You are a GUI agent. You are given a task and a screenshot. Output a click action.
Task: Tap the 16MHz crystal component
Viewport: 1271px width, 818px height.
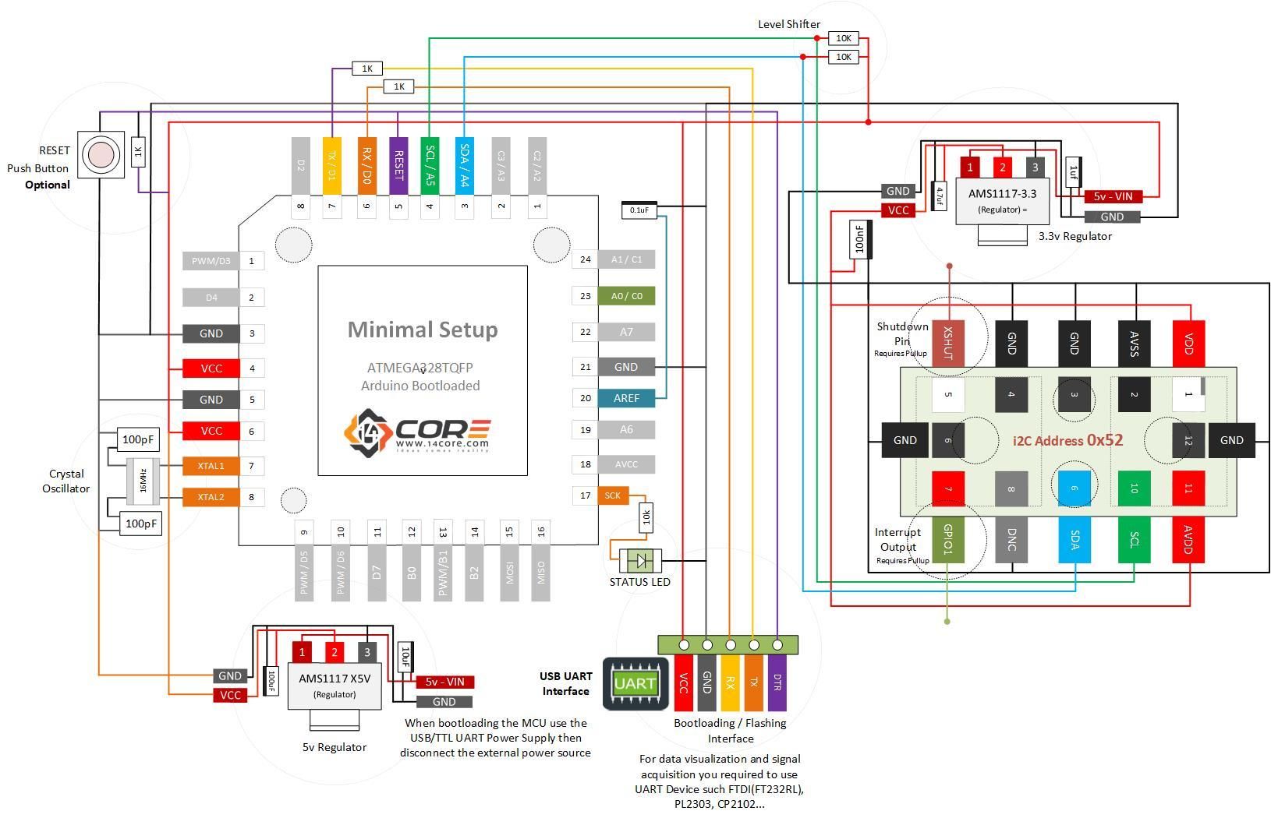click(143, 481)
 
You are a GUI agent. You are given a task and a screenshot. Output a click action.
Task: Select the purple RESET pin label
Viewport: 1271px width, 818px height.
click(398, 166)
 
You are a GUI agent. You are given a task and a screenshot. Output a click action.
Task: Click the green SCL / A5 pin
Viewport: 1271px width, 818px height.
click(430, 166)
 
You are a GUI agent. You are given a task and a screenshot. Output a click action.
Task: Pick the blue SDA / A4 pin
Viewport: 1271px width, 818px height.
click(464, 166)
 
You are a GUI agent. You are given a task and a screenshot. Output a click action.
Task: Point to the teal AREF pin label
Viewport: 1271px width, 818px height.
click(626, 398)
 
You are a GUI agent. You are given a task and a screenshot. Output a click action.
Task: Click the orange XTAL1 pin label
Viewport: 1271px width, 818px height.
click(211, 466)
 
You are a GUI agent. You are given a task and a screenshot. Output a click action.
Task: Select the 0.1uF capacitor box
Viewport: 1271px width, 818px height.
click(639, 210)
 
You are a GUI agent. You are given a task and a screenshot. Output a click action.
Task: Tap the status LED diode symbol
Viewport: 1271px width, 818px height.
click(641, 560)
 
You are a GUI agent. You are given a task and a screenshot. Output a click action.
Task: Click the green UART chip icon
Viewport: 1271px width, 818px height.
click(635, 684)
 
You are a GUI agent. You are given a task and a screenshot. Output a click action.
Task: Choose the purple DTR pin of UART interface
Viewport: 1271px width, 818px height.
click(777, 682)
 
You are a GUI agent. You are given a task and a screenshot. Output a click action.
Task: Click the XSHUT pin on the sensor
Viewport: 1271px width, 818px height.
click(948, 343)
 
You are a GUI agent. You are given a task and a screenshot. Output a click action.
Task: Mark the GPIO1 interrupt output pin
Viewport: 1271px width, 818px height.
click(948, 539)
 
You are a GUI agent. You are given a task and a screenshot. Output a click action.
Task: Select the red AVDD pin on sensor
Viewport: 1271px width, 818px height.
click(1188, 539)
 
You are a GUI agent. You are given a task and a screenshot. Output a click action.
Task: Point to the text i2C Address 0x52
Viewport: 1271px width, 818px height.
click(1067, 440)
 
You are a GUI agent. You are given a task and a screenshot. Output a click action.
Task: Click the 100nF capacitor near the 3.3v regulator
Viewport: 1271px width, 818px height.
click(860, 239)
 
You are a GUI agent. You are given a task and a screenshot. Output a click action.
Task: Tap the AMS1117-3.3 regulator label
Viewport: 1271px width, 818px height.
click(1002, 193)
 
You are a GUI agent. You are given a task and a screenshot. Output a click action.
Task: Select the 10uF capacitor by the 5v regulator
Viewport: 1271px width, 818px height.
click(405, 657)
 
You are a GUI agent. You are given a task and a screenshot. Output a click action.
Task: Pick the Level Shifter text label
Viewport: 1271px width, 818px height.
click(788, 24)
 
